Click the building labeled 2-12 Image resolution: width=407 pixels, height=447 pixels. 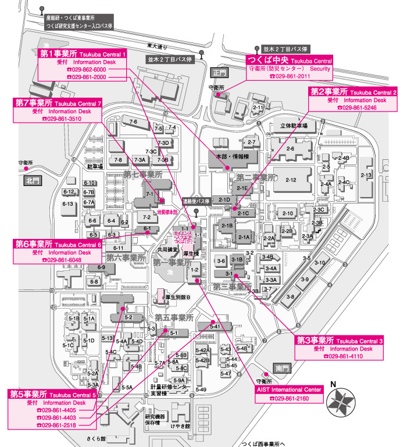tap(291, 180)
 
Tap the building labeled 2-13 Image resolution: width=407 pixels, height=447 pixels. tap(366, 175)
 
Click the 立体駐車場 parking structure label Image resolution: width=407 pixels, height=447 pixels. tap(294, 125)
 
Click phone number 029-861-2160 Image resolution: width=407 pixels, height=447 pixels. tap(288, 399)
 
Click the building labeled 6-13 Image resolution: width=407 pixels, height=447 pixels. tap(68, 204)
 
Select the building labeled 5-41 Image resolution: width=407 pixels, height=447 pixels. tap(215, 327)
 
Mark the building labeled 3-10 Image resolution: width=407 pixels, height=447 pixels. tap(319, 263)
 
